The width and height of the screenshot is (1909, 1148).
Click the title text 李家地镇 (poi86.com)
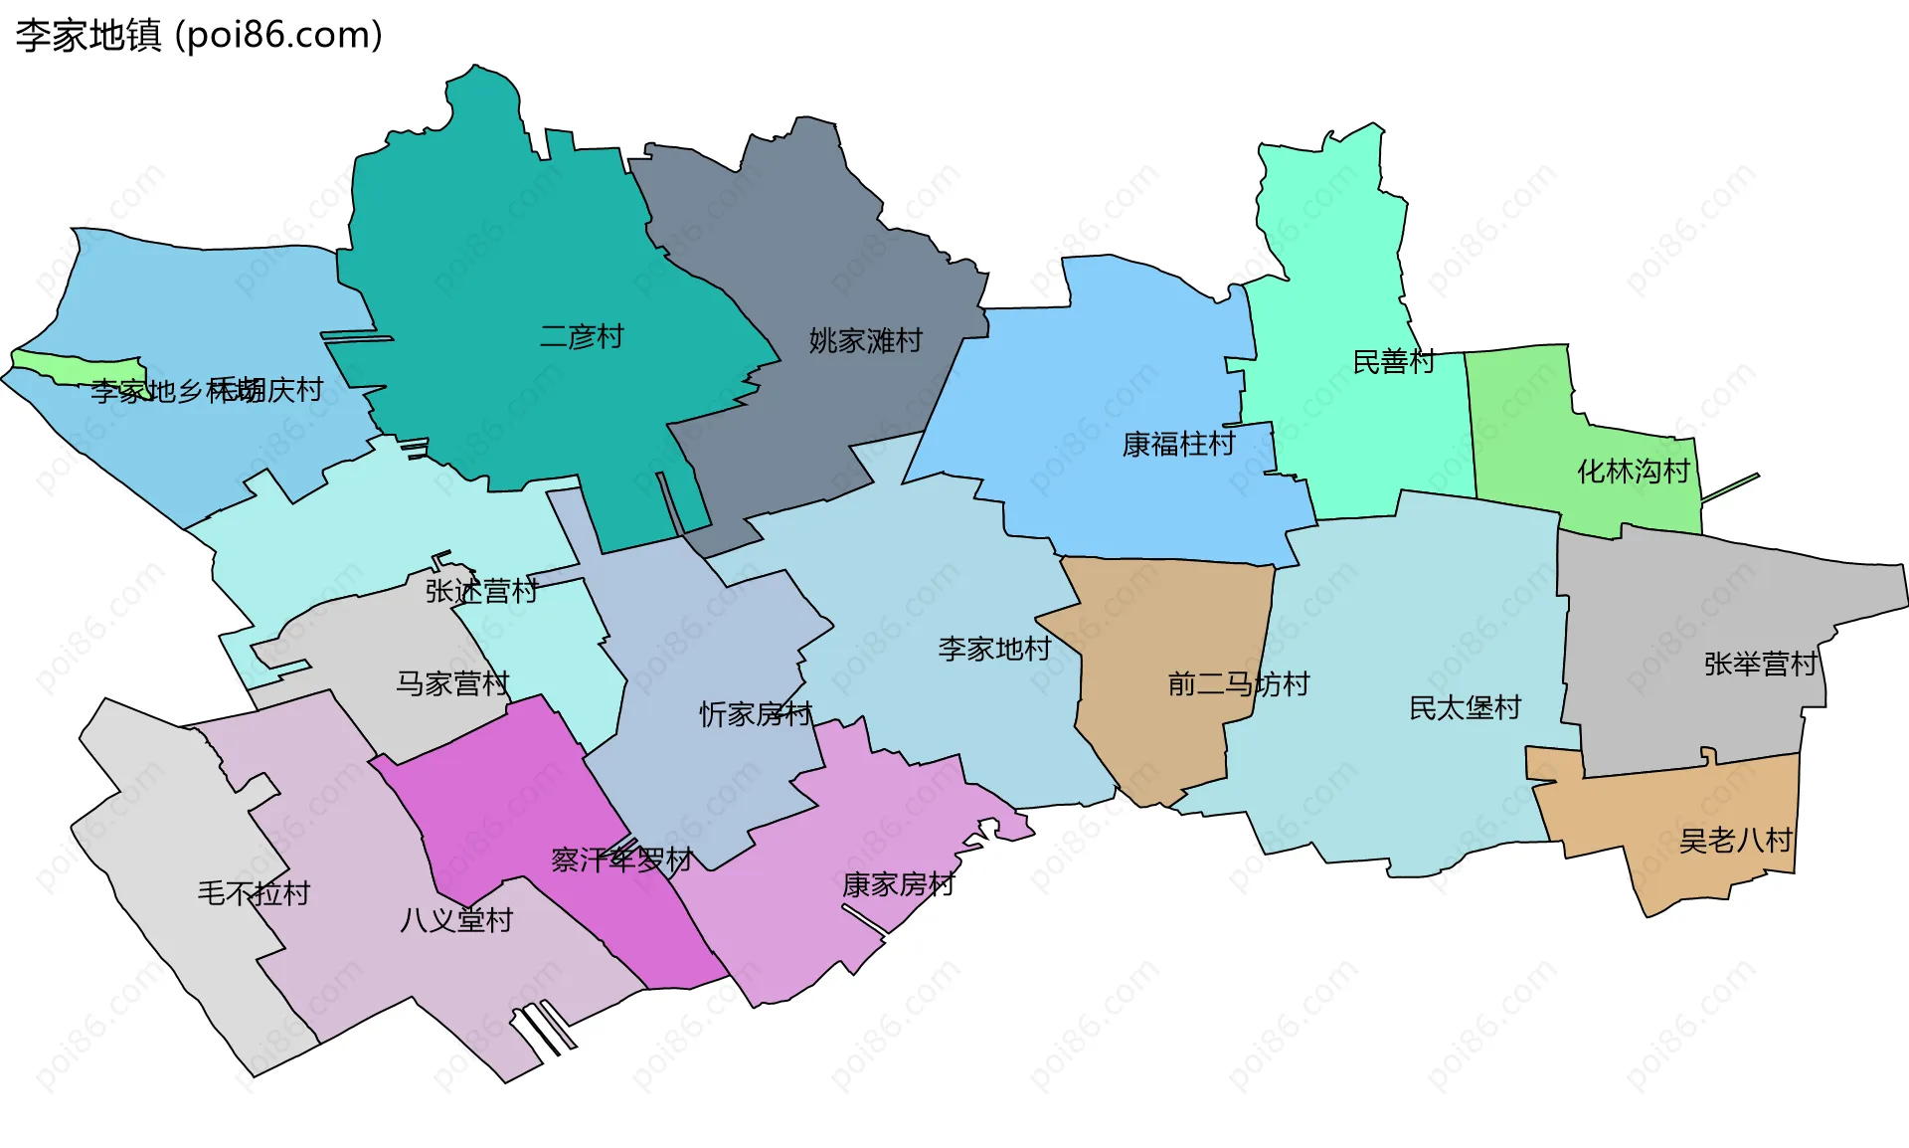click(x=199, y=35)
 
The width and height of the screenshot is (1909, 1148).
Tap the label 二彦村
click(x=582, y=336)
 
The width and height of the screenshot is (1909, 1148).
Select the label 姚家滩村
click(x=865, y=340)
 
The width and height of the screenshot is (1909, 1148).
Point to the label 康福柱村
click(x=1178, y=444)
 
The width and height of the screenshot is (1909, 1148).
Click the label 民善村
click(x=1394, y=361)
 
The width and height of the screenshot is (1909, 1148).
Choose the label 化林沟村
click(x=1634, y=471)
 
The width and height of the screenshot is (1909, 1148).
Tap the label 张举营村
click(x=1761, y=664)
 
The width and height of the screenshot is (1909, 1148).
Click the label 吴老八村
click(x=1735, y=841)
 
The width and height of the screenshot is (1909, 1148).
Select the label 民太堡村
click(x=1465, y=707)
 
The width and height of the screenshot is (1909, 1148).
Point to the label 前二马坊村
click(x=1238, y=683)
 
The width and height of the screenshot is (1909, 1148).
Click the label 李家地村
click(x=994, y=649)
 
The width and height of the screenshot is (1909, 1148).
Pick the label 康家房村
click(x=898, y=883)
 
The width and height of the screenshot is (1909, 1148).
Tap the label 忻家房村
click(x=756, y=713)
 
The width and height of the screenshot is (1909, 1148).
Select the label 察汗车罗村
click(x=621, y=859)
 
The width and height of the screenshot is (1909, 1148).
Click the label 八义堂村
click(x=455, y=919)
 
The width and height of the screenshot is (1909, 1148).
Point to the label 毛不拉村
click(x=254, y=892)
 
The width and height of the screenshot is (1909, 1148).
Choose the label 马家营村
click(x=452, y=683)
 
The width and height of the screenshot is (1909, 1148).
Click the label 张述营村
click(x=481, y=590)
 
